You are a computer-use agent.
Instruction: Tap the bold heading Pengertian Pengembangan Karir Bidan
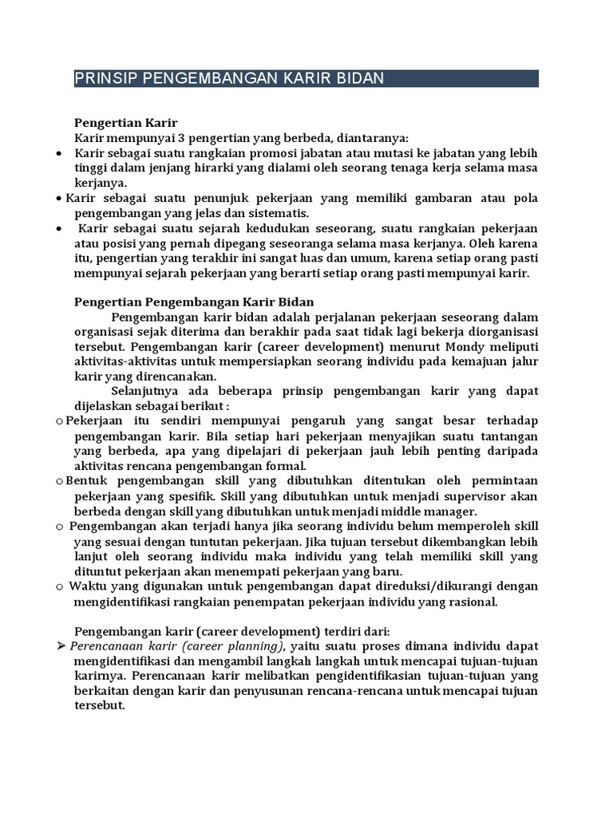click(194, 302)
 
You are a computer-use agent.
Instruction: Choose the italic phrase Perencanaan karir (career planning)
click(176, 645)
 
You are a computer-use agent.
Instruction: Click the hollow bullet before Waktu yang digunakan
click(60, 586)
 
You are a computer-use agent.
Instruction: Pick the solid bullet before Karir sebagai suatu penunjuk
click(60, 199)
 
